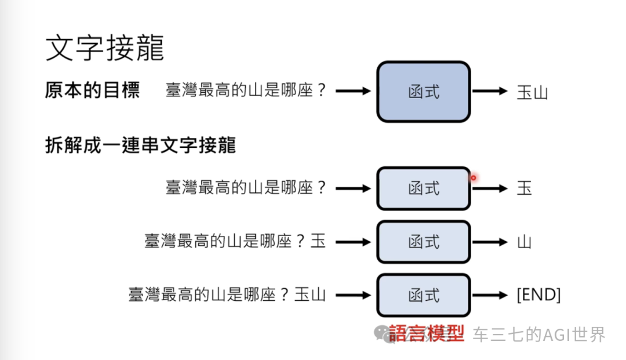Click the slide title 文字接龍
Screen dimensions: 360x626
(x=104, y=49)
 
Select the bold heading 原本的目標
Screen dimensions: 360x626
(x=92, y=91)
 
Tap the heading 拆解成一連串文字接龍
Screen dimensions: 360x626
(x=140, y=145)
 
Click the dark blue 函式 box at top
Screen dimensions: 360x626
(x=423, y=92)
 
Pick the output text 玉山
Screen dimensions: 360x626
(x=532, y=92)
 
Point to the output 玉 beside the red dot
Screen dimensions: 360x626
(x=524, y=188)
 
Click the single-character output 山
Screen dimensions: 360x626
(x=524, y=242)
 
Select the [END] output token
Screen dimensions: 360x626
(x=538, y=295)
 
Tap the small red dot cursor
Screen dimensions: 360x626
(x=474, y=178)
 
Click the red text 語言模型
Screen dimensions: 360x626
(x=427, y=333)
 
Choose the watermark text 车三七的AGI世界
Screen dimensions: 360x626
(x=539, y=334)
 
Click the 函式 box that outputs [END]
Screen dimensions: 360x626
(x=423, y=295)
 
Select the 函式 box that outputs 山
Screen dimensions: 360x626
(x=423, y=242)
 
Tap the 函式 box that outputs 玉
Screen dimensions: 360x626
(x=423, y=188)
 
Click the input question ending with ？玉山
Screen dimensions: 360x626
(x=227, y=295)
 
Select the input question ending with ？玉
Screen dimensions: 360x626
(x=235, y=242)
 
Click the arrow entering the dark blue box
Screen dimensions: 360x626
(x=352, y=92)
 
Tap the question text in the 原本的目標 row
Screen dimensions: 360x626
(x=246, y=92)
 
